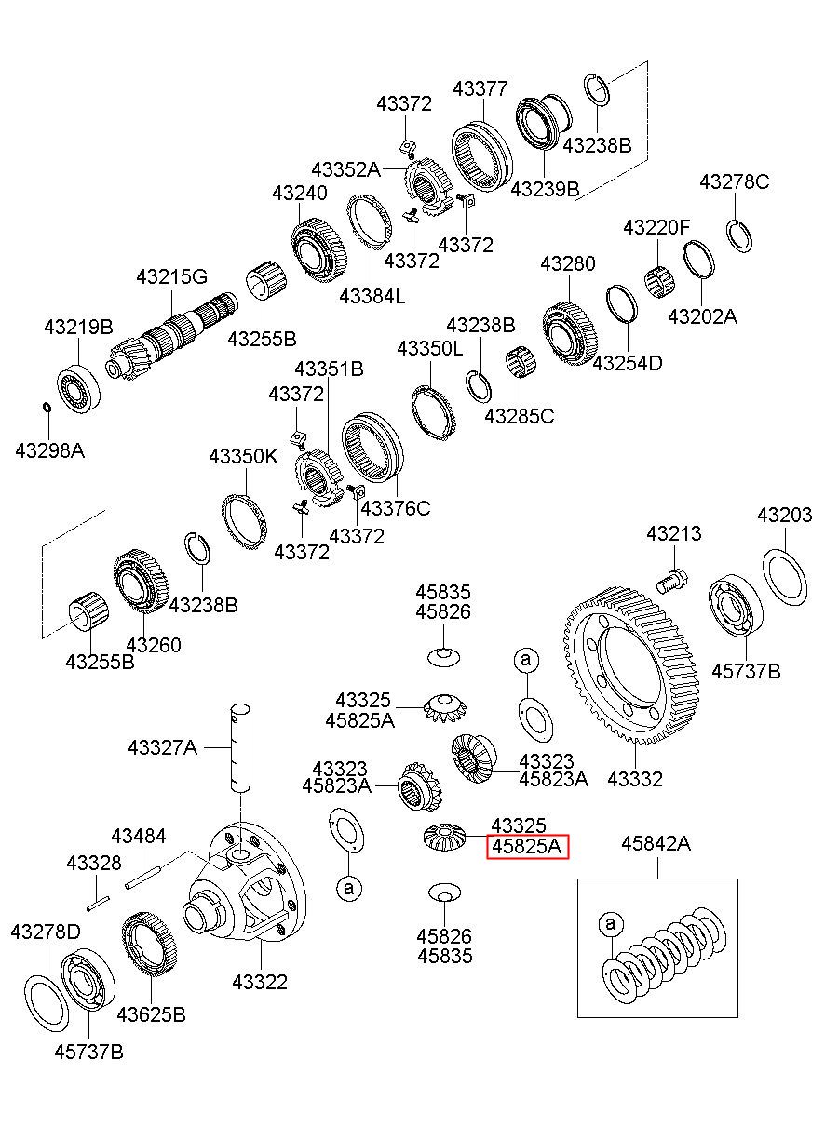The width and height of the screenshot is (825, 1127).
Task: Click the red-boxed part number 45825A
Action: coord(527,846)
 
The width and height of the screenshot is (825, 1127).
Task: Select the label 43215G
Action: coord(171,276)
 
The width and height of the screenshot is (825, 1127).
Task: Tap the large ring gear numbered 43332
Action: coord(631,668)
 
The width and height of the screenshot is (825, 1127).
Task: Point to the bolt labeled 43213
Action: coord(672,580)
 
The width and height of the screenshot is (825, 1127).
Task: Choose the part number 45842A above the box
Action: coord(656,844)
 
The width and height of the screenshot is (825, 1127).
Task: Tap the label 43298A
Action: coord(50,450)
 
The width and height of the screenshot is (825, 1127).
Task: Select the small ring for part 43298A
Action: coord(47,407)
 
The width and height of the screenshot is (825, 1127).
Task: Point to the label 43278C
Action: coord(735,181)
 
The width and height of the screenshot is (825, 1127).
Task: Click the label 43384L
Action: coord(372,296)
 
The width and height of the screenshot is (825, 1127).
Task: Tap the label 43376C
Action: coord(396,509)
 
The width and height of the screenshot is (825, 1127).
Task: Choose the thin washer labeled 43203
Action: coord(785,576)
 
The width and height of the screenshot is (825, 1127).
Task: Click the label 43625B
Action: coord(151,1014)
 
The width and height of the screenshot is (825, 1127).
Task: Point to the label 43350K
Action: coord(244,456)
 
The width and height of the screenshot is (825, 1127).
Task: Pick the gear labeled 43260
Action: coord(141,582)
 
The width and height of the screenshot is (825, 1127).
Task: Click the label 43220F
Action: coord(656,227)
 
